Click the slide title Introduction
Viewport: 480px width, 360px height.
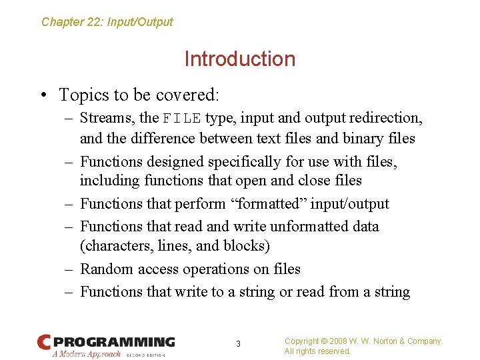coord(239,59)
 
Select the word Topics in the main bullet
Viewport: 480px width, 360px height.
coord(80,95)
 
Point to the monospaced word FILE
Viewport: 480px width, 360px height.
coord(182,119)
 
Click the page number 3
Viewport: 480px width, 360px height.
coord(239,344)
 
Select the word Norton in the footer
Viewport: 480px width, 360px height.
coord(386,341)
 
